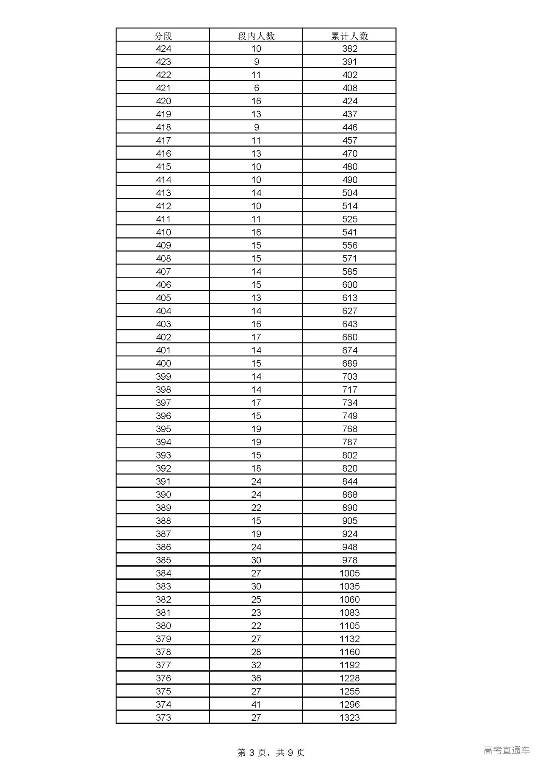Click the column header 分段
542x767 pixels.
163,36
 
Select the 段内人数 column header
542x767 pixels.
256,36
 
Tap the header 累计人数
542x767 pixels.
349,36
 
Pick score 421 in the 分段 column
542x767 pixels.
163,88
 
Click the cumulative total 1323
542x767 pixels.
349,717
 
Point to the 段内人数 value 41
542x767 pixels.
256,704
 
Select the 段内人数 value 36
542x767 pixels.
256,678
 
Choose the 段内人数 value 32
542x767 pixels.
256,665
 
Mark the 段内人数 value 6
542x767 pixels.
256,88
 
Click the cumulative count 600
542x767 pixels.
349,285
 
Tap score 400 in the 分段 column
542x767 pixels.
163,363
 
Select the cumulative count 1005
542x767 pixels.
349,573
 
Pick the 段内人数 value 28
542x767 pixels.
256,652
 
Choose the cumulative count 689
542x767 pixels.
349,363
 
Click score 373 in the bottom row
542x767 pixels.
163,717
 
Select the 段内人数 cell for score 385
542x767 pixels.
256,560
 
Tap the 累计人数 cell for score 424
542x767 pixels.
349,49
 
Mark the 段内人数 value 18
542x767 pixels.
256,468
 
